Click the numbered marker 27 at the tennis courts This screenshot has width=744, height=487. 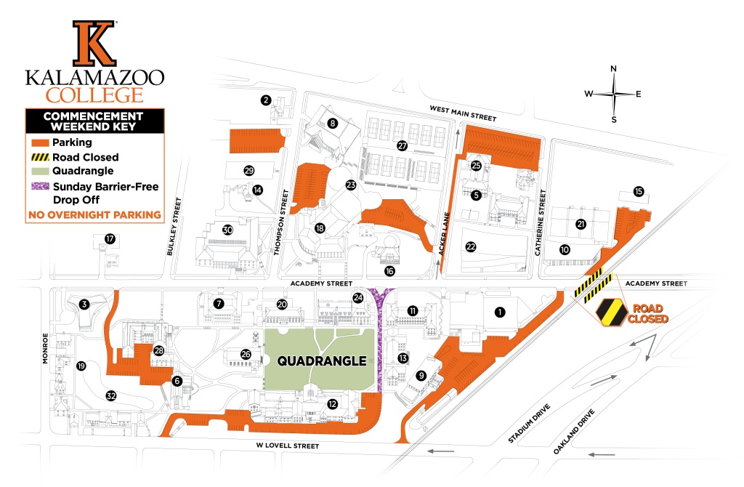402,145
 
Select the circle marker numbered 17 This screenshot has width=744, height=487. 110,238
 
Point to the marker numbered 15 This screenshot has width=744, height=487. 639,192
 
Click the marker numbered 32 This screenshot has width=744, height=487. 111,396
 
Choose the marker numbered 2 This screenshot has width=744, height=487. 266,100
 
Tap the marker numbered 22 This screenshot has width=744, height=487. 471,247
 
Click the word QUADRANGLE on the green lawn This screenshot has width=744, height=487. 320,360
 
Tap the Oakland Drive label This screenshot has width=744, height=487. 575,432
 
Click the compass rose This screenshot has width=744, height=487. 614,94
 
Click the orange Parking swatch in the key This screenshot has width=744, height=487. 39,142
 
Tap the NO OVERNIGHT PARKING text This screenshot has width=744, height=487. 94,214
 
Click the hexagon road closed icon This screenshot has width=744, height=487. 610,312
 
